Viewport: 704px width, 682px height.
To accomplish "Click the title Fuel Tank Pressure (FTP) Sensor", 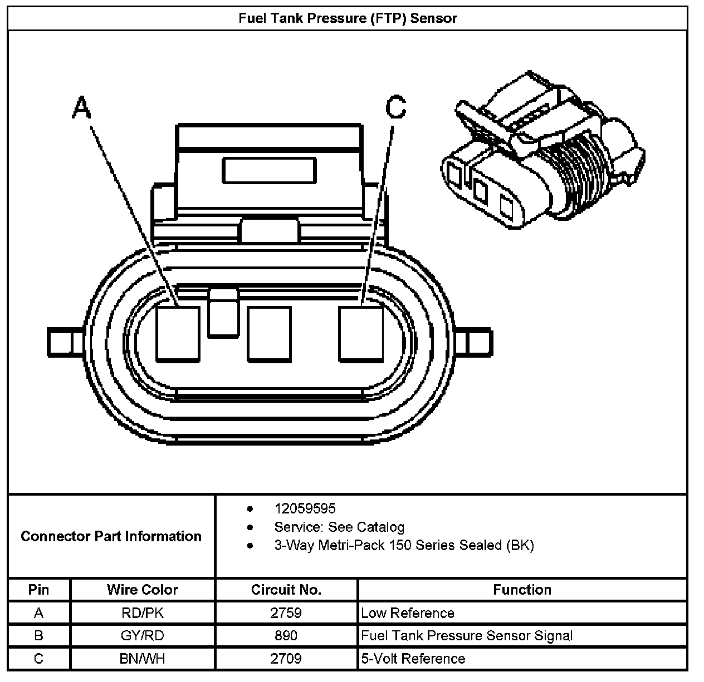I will point(348,18).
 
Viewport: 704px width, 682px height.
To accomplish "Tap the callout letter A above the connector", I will point(81,107).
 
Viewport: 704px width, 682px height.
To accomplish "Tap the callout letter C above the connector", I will point(395,107).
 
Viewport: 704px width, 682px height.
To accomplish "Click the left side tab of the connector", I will point(60,343).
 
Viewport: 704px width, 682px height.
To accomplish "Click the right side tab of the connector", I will point(478,343).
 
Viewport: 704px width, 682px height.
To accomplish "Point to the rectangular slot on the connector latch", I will point(269,170).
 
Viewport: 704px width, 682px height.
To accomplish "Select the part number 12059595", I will point(305,508).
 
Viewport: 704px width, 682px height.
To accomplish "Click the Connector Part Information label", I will point(111,536).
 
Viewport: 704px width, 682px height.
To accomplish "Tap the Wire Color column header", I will point(143,590).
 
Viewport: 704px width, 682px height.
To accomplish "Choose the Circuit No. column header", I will point(286,590).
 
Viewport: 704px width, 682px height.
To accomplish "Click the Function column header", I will point(522,590).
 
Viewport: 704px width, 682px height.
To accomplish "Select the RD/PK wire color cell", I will point(143,613).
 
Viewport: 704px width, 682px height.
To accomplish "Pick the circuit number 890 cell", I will point(286,636).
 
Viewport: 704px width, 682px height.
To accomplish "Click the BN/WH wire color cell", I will point(143,659).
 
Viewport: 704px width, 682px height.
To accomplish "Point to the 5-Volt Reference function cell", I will point(413,659).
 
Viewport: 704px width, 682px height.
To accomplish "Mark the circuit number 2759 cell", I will point(286,613).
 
